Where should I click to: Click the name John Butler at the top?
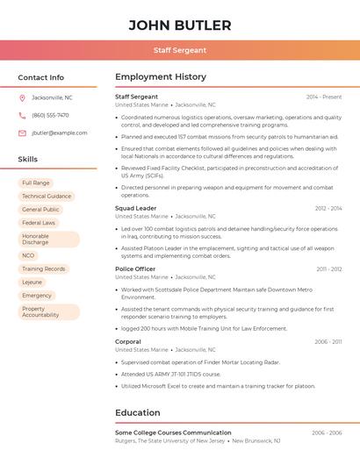click(180, 25)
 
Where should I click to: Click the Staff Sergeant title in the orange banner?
click(180, 50)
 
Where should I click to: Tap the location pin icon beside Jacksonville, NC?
click(22, 97)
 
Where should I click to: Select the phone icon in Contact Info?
click(22, 115)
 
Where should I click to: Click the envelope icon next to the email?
click(22, 132)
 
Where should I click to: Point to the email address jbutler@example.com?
click(60, 132)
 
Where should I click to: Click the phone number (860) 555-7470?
click(50, 115)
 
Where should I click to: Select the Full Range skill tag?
click(36, 182)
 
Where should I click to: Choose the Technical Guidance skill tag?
click(47, 196)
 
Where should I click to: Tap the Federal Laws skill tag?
click(39, 223)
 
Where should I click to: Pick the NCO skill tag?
click(28, 255)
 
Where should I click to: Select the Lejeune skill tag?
click(32, 283)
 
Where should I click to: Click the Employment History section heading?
click(161, 77)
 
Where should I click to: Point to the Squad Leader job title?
click(136, 208)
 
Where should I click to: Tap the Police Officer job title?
click(135, 269)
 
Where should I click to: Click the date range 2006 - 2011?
click(328, 341)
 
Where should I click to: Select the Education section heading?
click(138, 412)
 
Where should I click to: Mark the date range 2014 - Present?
click(324, 97)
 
